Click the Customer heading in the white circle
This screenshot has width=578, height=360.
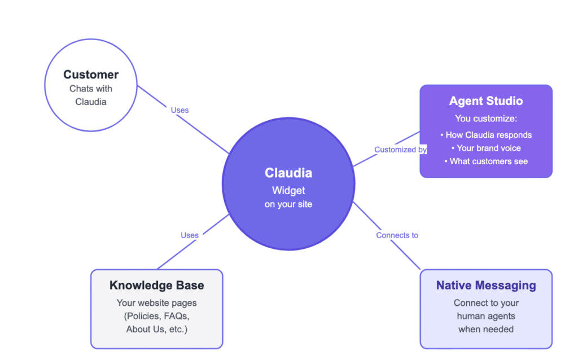[x=91, y=74]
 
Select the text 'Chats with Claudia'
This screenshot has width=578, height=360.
[x=91, y=95]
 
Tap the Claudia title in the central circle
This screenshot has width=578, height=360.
[x=288, y=173]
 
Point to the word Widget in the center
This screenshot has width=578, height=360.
[x=288, y=190]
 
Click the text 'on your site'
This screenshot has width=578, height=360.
[x=288, y=204]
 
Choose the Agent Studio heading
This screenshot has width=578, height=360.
[x=486, y=101]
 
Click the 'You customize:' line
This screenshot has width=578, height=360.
[x=486, y=118]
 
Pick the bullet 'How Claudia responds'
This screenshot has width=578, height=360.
[x=486, y=135]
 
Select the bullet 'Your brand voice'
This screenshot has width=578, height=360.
[x=486, y=148]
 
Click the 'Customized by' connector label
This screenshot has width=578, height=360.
[x=400, y=150]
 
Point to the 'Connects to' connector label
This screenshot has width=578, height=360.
[x=397, y=235]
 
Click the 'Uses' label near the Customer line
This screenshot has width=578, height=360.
[x=179, y=110]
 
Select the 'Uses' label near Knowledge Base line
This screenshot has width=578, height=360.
[x=190, y=235]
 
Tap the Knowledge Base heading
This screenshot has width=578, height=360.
[x=157, y=286]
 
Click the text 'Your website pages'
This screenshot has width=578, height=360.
[x=157, y=303]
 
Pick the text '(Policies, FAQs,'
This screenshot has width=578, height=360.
[x=157, y=316]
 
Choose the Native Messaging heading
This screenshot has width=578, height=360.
[x=486, y=286]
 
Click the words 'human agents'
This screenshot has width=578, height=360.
[x=486, y=316]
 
